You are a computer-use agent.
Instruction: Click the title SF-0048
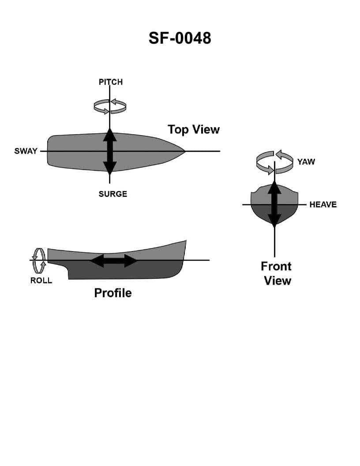click(180, 38)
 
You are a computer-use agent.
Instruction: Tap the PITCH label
click(110, 82)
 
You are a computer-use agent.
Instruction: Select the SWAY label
click(26, 151)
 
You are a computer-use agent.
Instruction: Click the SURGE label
click(112, 194)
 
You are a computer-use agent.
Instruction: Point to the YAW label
click(306, 162)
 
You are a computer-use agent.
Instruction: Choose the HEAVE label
click(322, 204)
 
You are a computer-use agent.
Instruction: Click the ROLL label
click(41, 280)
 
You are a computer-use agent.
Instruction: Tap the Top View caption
click(193, 129)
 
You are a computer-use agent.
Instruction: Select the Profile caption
click(112, 293)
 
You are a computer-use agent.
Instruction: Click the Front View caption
click(276, 273)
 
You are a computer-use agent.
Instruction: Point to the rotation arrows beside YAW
click(274, 162)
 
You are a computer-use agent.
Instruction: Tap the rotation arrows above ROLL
click(39, 259)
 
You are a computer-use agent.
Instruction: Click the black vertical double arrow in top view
click(110, 151)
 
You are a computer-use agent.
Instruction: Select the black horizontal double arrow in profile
click(114, 260)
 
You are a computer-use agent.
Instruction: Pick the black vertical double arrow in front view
click(274, 204)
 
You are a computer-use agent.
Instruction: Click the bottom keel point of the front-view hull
click(274, 225)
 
